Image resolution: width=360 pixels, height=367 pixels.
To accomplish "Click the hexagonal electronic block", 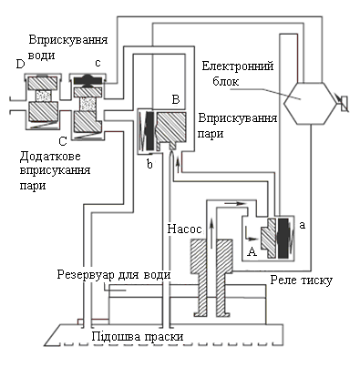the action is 311,103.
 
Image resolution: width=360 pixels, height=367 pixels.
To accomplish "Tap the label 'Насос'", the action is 184,229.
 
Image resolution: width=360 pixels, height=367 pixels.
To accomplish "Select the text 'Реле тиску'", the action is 301,280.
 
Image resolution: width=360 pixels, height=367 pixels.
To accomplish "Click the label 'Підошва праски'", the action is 138,337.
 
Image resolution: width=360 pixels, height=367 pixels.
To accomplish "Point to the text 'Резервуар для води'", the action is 114,275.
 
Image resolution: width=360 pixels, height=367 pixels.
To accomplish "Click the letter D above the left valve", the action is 20,65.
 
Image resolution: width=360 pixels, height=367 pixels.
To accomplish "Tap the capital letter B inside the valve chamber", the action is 176,99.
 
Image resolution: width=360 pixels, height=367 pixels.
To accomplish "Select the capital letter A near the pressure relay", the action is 252,251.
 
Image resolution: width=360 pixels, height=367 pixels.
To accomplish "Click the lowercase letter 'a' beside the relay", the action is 302,225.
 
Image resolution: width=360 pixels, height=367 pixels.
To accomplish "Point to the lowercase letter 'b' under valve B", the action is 149,164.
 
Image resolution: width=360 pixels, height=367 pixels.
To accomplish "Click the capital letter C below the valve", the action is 62,141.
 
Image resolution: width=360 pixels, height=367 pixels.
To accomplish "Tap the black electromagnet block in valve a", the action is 283,238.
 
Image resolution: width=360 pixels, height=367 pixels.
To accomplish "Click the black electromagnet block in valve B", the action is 150,131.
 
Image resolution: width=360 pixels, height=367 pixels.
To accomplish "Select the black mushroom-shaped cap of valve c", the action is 88,80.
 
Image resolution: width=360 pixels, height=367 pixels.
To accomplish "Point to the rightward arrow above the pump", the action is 234,203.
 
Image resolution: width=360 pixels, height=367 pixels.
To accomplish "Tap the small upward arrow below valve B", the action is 178,163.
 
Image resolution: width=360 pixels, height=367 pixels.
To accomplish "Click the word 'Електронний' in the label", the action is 238,66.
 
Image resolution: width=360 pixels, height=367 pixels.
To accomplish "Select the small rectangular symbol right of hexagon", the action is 345,104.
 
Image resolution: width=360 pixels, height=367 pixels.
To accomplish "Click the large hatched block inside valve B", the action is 171,129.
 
